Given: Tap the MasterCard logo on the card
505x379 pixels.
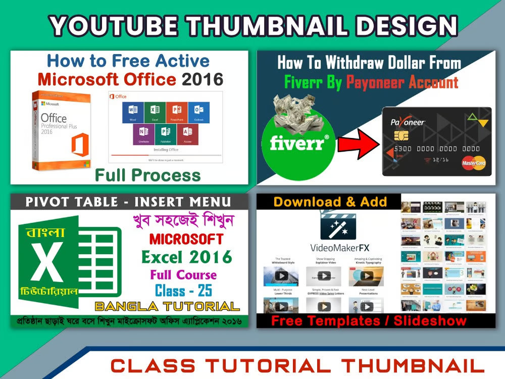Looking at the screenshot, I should [473, 162].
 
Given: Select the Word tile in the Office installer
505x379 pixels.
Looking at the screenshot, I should [133, 112].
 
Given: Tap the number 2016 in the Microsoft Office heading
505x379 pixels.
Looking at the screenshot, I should [203, 79].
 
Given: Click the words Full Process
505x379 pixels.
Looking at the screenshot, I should [147, 175].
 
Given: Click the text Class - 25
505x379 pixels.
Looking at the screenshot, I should [183, 291].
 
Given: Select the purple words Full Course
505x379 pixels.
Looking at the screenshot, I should [183, 275].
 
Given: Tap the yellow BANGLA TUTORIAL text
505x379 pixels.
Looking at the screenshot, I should [167, 306].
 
